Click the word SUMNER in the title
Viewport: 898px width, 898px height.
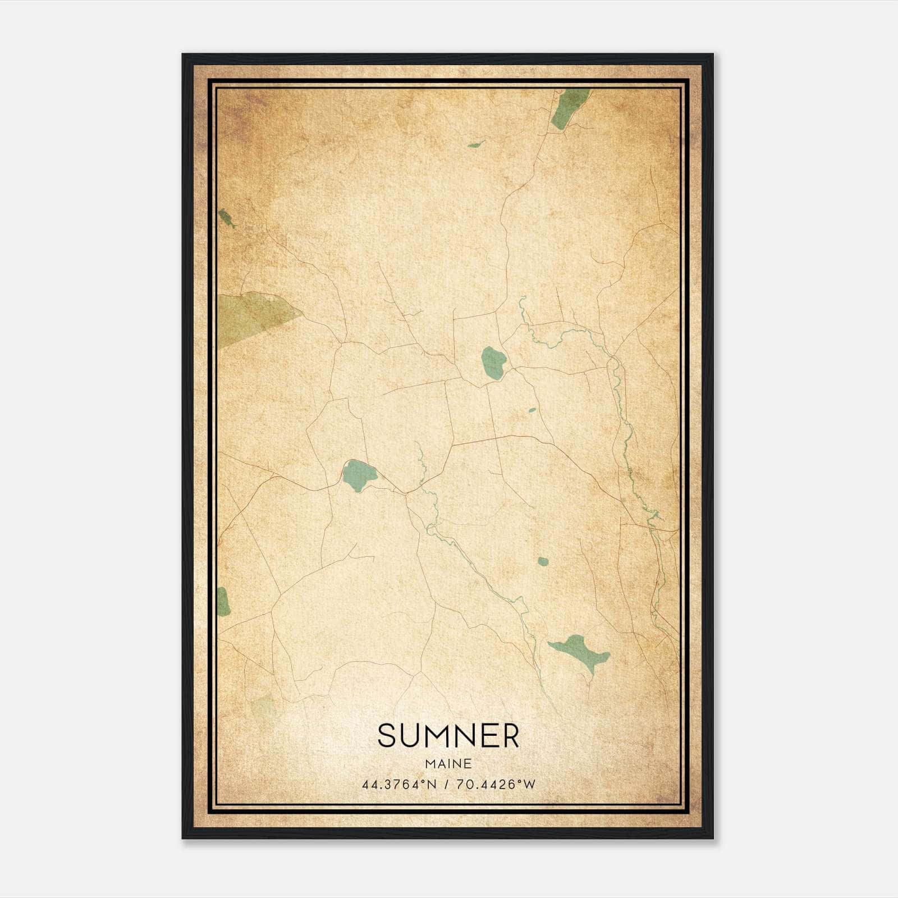[x=448, y=736]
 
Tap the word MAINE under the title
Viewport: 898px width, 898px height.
[x=448, y=764]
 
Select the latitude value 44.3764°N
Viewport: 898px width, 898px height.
[x=399, y=785]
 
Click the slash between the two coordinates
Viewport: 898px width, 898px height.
[x=447, y=785]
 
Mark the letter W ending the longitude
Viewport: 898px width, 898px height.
[x=530, y=785]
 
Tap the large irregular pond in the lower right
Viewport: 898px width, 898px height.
[x=581, y=651]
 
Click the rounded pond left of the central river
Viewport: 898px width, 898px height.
[x=359, y=475]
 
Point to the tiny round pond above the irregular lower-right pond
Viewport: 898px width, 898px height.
[x=543, y=561]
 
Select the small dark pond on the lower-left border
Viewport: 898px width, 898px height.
[x=223, y=602]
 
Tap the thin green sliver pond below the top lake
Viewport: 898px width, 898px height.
[x=475, y=145]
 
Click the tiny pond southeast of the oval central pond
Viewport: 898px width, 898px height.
[x=532, y=410]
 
